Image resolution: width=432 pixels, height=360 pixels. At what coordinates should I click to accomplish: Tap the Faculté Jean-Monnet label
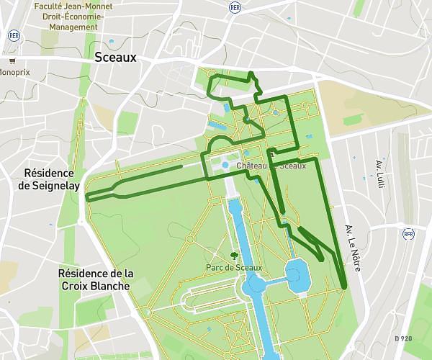click(x=69, y=5)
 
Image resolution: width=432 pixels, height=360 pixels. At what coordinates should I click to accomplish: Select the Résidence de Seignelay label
click(x=49, y=179)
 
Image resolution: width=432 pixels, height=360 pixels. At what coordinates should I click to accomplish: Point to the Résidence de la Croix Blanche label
click(x=96, y=279)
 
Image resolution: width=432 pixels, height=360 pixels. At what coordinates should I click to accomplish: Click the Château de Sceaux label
click(x=278, y=166)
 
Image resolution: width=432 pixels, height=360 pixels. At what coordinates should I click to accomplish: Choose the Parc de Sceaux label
click(x=234, y=268)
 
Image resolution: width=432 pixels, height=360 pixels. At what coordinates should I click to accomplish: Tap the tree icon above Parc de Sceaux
click(x=233, y=256)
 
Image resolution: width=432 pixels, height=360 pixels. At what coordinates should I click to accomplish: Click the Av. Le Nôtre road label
click(x=351, y=238)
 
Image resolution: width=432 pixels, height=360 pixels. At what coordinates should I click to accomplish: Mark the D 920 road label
click(x=403, y=338)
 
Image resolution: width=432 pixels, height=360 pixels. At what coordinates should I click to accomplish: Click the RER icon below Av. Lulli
click(x=408, y=233)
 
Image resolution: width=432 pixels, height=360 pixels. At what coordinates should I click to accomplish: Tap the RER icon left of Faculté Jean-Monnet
click(x=13, y=35)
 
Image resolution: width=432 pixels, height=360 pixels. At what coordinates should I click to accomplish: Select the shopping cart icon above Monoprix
click(x=12, y=61)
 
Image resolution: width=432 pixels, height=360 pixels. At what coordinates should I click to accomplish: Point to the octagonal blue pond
click(x=296, y=274)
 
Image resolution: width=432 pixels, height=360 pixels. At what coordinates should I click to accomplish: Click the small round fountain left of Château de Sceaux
click(x=225, y=165)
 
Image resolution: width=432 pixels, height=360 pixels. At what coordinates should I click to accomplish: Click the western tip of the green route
click(x=87, y=197)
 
